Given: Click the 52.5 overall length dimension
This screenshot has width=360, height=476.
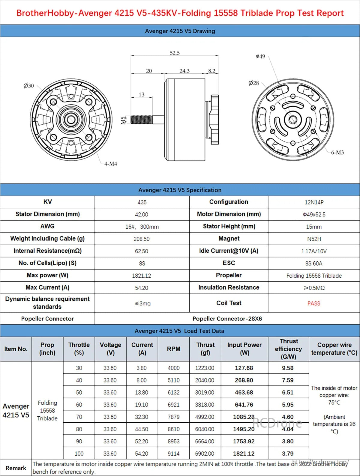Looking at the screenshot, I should click(x=175, y=53).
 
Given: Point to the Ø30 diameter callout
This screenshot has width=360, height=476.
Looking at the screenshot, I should click(x=29, y=86).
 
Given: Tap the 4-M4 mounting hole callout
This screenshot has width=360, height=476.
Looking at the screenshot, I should click(x=111, y=164).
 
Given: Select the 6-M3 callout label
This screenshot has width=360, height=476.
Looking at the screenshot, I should click(x=337, y=152).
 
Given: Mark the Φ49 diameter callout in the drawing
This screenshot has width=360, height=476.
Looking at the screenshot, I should click(x=260, y=56).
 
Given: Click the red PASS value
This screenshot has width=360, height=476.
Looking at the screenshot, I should click(x=314, y=303).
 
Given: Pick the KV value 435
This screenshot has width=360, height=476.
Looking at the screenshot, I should click(x=142, y=202).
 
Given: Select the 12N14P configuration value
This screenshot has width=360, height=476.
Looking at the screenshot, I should click(x=314, y=202).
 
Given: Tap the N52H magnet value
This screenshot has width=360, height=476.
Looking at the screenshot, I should click(x=314, y=239).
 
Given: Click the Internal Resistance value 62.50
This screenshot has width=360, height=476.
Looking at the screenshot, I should click(x=142, y=251).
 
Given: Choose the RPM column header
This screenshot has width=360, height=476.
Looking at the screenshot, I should click(x=174, y=349).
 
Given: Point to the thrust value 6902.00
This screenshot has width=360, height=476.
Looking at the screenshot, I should click(x=205, y=454).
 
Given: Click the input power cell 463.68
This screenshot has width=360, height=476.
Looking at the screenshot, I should click(x=244, y=392).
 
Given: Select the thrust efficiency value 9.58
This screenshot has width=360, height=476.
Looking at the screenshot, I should click(x=288, y=368).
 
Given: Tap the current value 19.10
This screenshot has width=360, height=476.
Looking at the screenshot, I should click(x=142, y=405).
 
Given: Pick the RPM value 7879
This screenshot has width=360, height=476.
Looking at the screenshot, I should click(x=174, y=417).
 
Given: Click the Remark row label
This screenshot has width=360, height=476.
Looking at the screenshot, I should click(x=16, y=468).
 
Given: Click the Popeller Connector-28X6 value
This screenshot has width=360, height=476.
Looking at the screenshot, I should click(x=227, y=319).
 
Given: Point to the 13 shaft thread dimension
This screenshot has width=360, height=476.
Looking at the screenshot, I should click(x=142, y=95).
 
